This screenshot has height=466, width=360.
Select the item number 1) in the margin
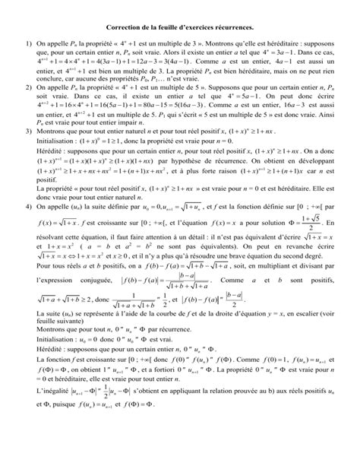[x=26, y=47]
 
